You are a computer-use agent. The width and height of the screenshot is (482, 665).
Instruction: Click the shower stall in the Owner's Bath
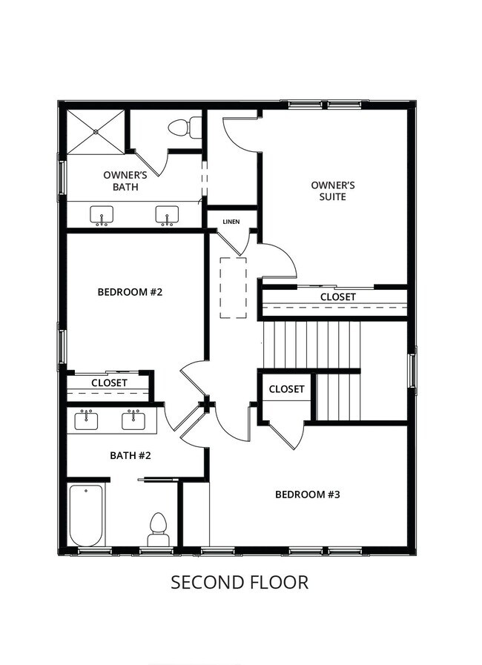pos(96,132)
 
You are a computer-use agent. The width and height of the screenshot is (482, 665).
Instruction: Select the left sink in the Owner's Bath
pos(102,216)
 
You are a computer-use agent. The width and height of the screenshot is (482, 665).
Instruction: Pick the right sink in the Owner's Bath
pos(167,216)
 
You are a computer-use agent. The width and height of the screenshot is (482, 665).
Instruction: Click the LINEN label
pos(231,221)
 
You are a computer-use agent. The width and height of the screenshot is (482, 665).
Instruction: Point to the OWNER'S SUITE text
pos(333,191)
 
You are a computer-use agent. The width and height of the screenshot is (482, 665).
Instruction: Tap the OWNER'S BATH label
pos(125,181)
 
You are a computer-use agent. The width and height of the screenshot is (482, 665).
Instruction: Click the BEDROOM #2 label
pos(130,292)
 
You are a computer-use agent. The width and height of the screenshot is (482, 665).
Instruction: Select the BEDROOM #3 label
pos(307,494)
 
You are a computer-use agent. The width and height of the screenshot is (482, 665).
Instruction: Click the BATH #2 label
pos(131,455)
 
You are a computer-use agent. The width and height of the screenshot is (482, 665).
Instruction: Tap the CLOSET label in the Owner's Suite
pos(337,297)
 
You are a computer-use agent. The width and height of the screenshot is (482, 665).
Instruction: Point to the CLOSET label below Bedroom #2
pos(109,383)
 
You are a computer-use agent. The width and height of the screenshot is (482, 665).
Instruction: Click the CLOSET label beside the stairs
pos(286,389)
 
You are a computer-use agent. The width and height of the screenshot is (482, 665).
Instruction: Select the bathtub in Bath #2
pos(86,515)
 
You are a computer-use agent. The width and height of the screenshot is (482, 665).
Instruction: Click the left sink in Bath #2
pos(87,420)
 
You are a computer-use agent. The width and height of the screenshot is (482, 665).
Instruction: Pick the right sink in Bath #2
pos(134,420)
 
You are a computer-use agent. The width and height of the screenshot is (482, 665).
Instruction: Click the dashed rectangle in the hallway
pos(233,288)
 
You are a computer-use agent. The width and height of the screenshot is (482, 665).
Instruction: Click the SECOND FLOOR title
pos(240,583)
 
